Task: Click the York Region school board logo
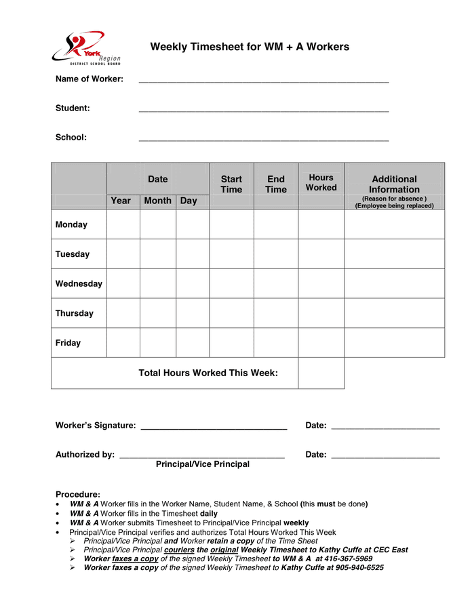coord(85,47)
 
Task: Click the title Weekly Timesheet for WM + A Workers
coord(250,47)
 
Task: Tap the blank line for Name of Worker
coord(263,81)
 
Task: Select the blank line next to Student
coord(263,110)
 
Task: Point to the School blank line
coord(263,139)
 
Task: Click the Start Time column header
coord(231,184)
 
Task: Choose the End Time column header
coord(276,184)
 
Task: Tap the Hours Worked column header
coord(321,182)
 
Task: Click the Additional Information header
coord(394,184)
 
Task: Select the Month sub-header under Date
coord(157,201)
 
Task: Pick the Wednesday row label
coord(79,284)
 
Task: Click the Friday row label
coord(68,343)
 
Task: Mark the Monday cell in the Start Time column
coord(231,224)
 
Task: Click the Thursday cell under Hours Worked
coord(321,313)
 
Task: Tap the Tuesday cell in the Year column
coord(123,254)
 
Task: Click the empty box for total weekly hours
coord(321,373)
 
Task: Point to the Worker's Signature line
coord(213,427)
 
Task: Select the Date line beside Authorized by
coord(385,456)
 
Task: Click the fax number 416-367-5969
coord(348,558)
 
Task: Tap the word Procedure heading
coord(77,495)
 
